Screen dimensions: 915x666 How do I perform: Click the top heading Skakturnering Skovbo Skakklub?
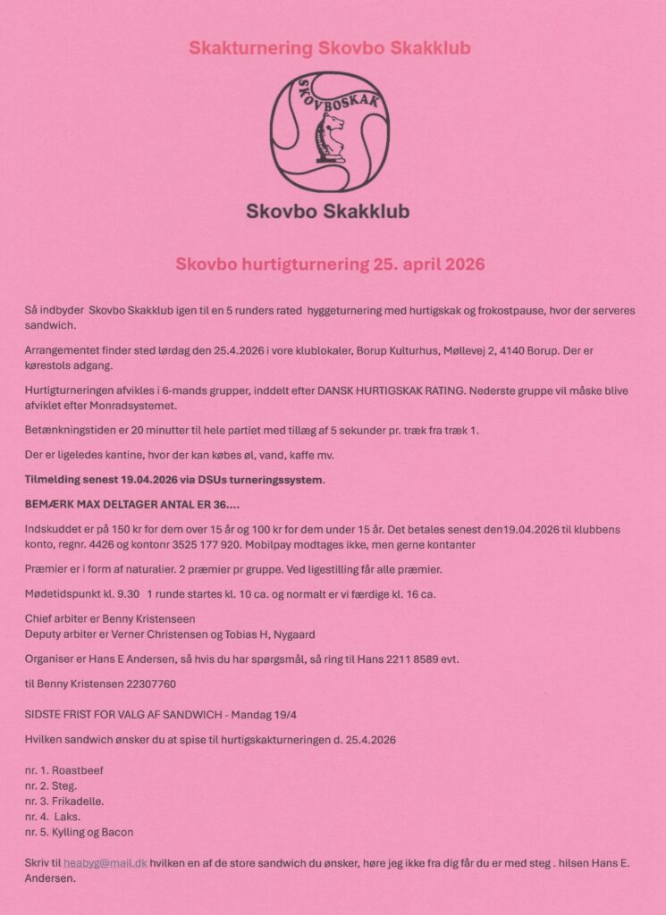tap(330, 47)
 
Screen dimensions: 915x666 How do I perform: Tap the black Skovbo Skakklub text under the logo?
tap(328, 212)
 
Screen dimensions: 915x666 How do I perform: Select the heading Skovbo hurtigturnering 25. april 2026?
tap(330, 264)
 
